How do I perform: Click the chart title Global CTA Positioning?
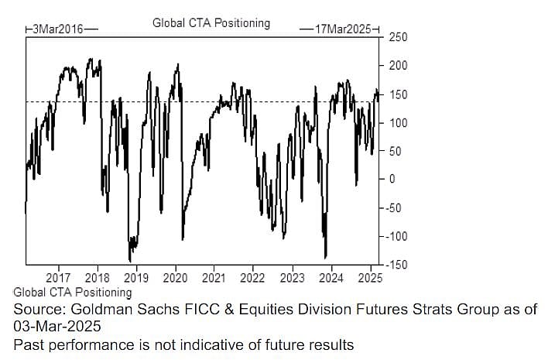(x=211, y=22)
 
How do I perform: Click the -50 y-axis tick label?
(x=394, y=207)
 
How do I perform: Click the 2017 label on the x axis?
(x=59, y=277)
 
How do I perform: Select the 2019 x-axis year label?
(x=136, y=277)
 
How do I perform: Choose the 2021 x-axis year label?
(x=214, y=277)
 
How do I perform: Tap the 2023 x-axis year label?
(x=292, y=277)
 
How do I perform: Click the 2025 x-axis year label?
(x=369, y=277)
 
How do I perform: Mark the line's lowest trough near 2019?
(x=130, y=261)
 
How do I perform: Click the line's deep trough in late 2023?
(x=326, y=257)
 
